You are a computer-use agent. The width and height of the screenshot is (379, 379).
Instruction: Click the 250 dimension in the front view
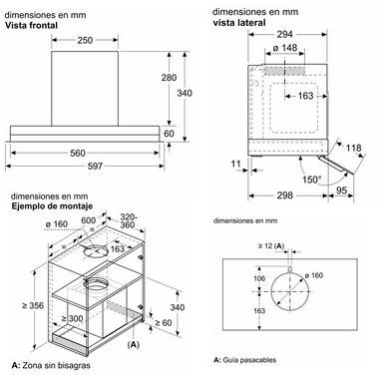(85, 40)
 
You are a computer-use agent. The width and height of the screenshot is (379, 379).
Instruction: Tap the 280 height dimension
(169, 78)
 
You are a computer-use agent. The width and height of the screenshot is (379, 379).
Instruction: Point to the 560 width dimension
(78, 153)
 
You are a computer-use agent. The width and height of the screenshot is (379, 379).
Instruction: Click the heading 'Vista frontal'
(31, 25)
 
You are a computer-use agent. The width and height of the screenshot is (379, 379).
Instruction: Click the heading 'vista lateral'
(239, 23)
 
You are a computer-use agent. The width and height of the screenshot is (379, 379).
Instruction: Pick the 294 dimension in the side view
(285, 34)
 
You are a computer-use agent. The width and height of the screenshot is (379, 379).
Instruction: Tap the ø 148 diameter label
(285, 48)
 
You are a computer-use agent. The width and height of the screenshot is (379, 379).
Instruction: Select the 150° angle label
(311, 180)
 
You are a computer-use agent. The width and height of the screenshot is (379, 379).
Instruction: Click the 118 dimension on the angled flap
(353, 148)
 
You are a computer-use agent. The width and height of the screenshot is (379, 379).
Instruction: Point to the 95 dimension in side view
(341, 190)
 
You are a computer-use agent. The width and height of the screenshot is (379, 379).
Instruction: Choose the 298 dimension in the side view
(285, 195)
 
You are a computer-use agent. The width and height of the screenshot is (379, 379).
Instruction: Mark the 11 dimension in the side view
(235, 164)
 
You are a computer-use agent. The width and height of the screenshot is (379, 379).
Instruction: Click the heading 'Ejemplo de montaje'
(52, 206)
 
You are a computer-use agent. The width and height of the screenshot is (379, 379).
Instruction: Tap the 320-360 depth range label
(128, 221)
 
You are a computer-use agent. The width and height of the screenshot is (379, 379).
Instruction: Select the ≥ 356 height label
(33, 305)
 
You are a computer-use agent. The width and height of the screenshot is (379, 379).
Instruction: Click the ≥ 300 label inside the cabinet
(72, 319)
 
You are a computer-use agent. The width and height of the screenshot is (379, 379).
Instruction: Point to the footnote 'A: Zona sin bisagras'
(51, 365)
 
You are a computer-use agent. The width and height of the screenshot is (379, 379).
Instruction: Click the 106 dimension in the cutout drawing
(259, 278)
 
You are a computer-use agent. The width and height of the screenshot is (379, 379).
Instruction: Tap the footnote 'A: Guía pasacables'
(244, 360)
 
